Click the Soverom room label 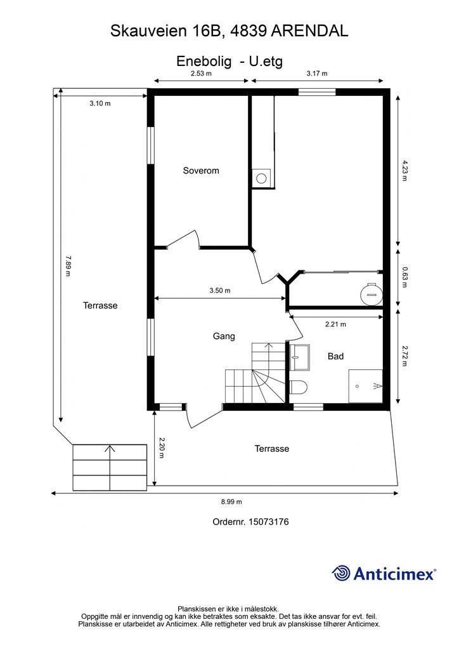tap(201, 170)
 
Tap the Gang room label tap(224, 336)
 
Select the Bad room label tap(335, 356)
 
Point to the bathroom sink tap(299, 357)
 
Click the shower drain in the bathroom tap(357, 387)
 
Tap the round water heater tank tap(371, 293)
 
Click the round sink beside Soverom tap(261, 178)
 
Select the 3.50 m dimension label tap(220, 291)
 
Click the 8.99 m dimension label tap(231, 501)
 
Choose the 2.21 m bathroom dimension tap(335, 324)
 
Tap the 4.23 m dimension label tap(404, 170)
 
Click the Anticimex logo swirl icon tap(341, 573)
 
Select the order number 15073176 tap(268, 522)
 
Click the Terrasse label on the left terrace tap(100, 305)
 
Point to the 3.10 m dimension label tap(100, 103)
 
